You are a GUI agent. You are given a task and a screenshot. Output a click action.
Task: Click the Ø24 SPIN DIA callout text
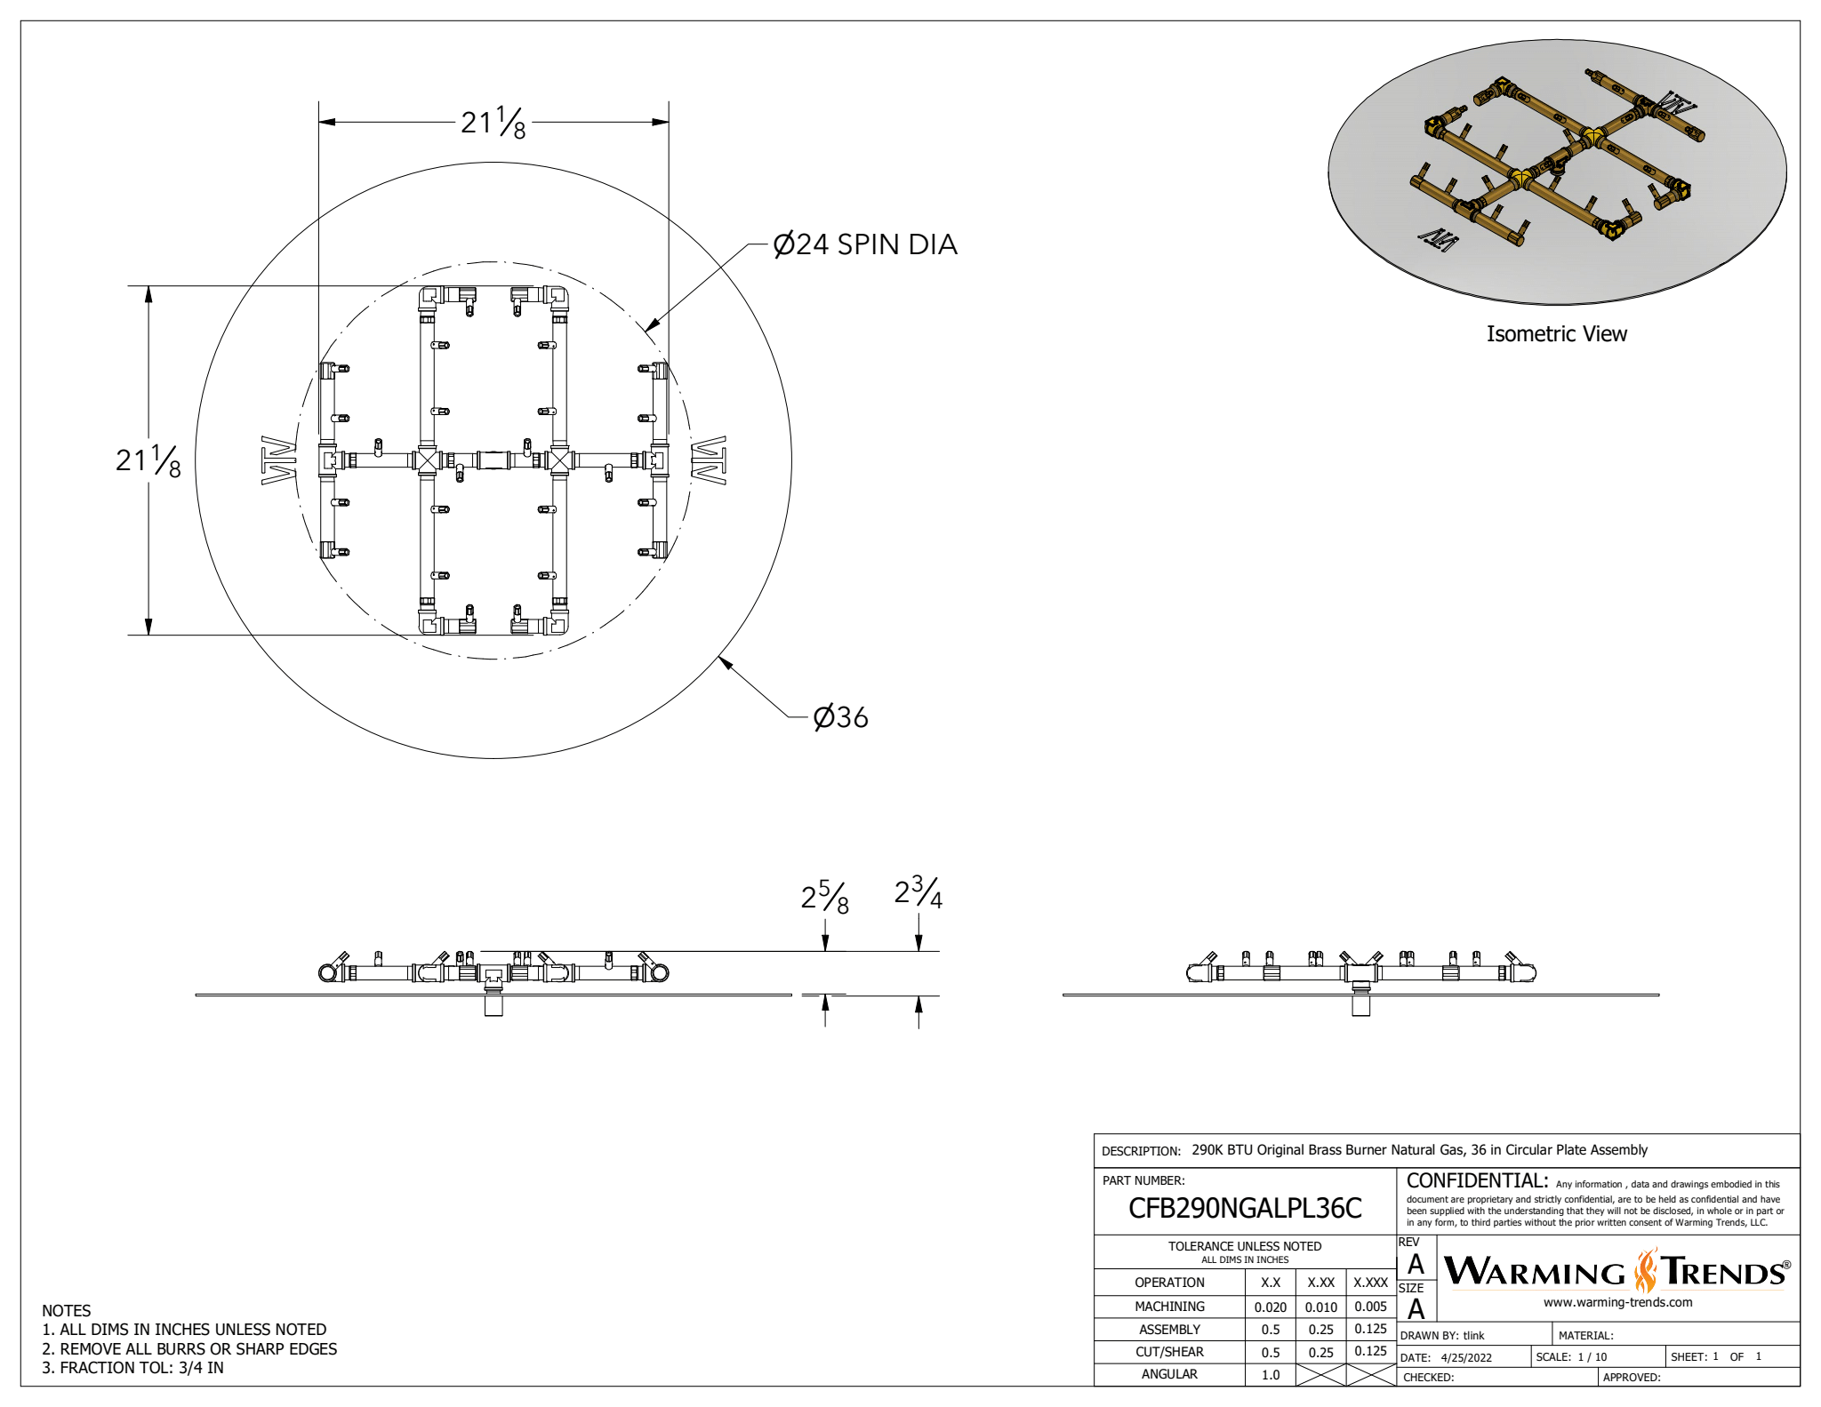coord(864,244)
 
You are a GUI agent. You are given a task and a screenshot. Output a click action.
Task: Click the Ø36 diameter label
coord(840,717)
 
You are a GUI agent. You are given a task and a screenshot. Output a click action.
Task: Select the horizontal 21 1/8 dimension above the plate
coord(493,123)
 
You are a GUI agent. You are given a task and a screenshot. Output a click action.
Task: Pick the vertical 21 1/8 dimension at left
coord(148,460)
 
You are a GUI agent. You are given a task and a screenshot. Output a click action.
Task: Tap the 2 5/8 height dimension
coord(824,897)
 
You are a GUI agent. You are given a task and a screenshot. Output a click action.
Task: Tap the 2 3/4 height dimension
coord(918,892)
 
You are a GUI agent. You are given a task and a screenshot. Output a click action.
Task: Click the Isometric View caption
coord(1556,334)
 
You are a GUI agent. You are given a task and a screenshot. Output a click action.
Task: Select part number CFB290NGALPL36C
coord(1244,1209)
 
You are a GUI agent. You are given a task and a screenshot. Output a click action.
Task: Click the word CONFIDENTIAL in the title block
coord(1476,1181)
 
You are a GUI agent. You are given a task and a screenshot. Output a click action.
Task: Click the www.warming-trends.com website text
coord(1617,1303)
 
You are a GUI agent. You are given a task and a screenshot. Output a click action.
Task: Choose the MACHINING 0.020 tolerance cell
coord(1270,1307)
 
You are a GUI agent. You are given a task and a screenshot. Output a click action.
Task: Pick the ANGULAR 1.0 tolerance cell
coord(1270,1375)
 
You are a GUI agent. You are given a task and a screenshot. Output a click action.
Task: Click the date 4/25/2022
coord(1466,1358)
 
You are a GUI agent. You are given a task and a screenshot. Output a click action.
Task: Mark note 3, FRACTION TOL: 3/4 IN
coord(133,1368)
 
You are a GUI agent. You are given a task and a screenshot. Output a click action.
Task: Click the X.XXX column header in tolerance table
coord(1370,1283)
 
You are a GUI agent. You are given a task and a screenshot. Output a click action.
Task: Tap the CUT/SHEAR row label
coord(1168,1352)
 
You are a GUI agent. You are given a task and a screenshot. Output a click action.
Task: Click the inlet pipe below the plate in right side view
coord(1360,1006)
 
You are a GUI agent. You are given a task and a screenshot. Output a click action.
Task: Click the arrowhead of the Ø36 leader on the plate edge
coord(723,660)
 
